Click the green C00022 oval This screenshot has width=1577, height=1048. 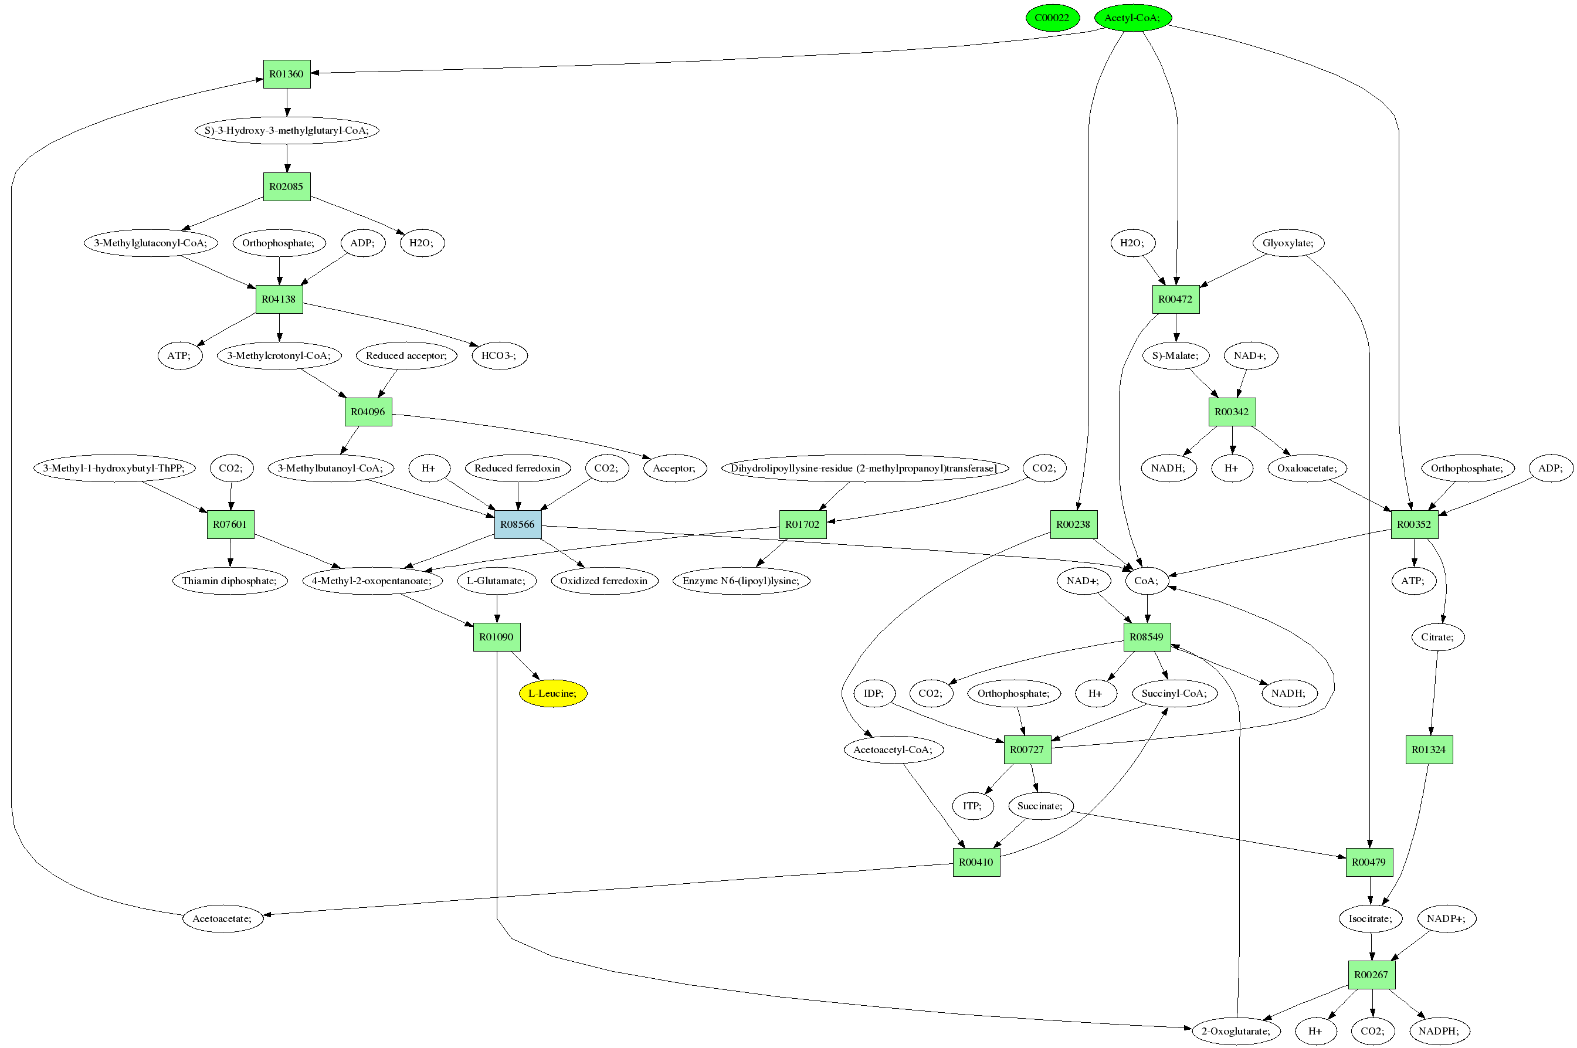click(1052, 18)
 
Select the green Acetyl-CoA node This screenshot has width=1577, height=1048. click(1132, 18)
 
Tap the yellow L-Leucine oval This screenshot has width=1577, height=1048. click(552, 693)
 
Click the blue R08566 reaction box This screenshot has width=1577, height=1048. click(517, 524)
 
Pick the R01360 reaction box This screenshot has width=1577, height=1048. click(287, 73)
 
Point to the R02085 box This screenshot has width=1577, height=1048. click(286, 186)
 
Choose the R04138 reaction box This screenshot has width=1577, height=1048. click(279, 299)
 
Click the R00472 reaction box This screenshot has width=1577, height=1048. click(1175, 299)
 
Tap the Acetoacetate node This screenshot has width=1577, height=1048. click(222, 918)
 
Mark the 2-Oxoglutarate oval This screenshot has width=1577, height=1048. click(1236, 1030)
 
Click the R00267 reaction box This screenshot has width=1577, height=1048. click(1371, 975)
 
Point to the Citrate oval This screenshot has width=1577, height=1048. click(1437, 637)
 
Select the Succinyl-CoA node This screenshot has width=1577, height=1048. click(1174, 693)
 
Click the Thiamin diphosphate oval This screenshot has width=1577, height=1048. click(229, 580)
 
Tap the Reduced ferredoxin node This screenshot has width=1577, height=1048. click(517, 468)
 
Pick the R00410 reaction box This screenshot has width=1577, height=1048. click(976, 862)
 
